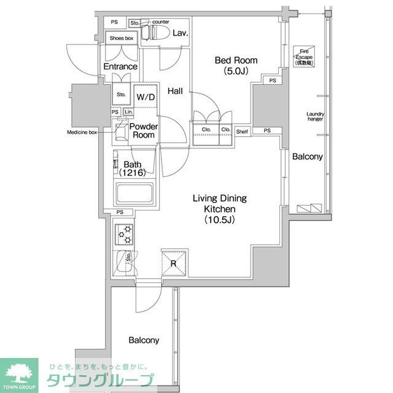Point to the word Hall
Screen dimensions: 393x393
pyautogui.click(x=175, y=91)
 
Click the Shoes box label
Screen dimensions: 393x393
pyautogui.click(x=121, y=38)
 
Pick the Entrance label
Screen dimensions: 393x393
pyautogui.click(x=120, y=66)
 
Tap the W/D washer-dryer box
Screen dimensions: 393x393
pyautogui.click(x=146, y=97)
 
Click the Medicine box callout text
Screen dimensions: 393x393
pyautogui.click(x=82, y=132)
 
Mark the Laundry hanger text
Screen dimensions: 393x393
pyautogui.click(x=315, y=117)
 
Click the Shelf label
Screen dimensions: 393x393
pyautogui.click(x=242, y=130)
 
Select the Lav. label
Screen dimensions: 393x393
pyautogui.click(x=179, y=33)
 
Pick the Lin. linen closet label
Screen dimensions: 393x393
pyautogui.click(x=128, y=112)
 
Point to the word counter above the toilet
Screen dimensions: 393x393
pyautogui.click(x=160, y=21)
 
